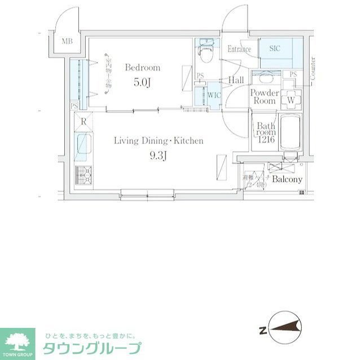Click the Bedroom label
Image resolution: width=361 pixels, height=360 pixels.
[x=142, y=68]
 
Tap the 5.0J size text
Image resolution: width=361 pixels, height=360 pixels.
[x=142, y=82]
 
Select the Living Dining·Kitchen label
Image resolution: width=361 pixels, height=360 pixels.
[x=159, y=141]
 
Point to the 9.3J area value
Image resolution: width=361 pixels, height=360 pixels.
[x=159, y=156]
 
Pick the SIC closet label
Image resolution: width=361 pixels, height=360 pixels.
[x=275, y=49]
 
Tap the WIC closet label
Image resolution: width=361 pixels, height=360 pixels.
[x=214, y=95]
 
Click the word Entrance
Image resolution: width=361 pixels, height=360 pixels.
[x=239, y=50]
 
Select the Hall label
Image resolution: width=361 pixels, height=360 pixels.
[x=236, y=81]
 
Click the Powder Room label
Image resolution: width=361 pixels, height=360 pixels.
[x=264, y=97]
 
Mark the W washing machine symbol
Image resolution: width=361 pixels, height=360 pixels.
[x=291, y=100]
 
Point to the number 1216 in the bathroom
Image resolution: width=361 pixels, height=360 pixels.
[x=266, y=139]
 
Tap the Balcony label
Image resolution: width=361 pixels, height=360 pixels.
[x=287, y=180]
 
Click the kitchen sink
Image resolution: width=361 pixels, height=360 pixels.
[x=83, y=145]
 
